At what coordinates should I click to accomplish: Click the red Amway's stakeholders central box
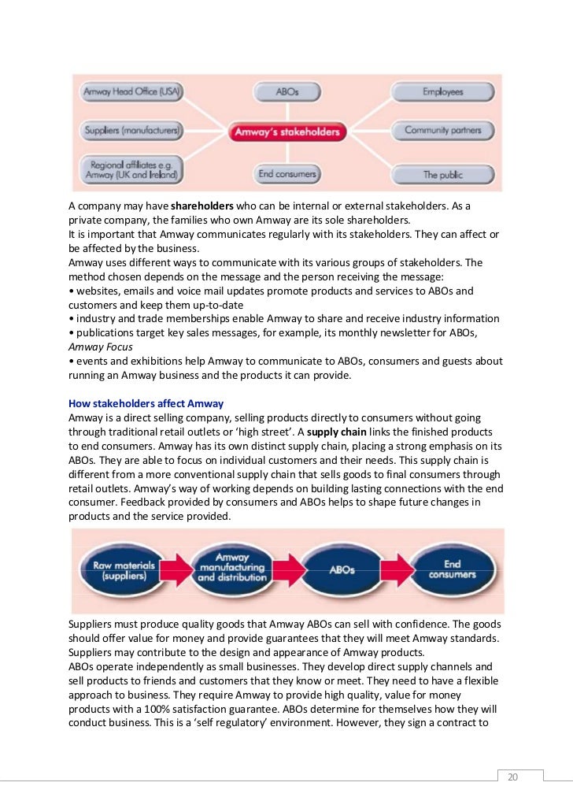(287, 132)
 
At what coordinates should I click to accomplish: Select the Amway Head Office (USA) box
(133, 93)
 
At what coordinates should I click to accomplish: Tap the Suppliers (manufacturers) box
(133, 128)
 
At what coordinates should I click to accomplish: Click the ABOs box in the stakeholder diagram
(287, 92)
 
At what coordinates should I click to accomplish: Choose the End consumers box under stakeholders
(287, 172)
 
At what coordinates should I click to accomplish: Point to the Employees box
(442, 92)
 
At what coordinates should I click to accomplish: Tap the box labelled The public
(442, 173)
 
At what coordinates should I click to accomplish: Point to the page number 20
(512, 777)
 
